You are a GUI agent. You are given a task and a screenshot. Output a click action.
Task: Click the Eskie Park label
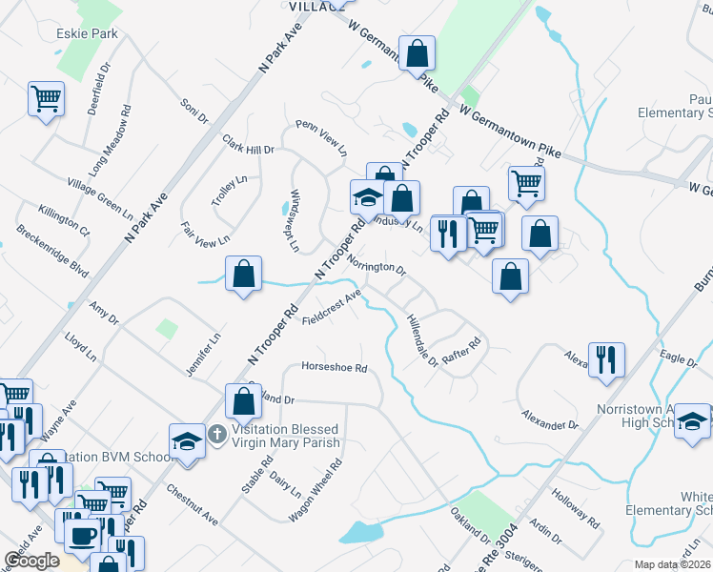point(86,32)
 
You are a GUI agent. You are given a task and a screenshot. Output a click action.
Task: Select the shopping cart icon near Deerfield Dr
point(47,98)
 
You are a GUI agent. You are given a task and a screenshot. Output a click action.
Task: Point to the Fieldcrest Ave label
point(331,309)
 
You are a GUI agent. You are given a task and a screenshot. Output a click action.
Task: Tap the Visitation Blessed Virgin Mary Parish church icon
point(216,435)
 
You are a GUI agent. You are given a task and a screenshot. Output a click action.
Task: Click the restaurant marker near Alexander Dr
point(606,359)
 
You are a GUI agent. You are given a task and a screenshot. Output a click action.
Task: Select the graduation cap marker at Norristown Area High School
point(692,421)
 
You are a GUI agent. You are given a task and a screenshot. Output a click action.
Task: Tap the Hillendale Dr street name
point(421,340)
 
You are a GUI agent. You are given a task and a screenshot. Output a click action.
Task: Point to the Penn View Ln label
point(321,138)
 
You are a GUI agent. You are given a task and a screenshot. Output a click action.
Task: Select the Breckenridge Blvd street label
point(52,251)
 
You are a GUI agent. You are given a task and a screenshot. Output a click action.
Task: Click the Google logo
point(32,561)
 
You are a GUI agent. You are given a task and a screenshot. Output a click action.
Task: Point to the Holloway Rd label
point(580,510)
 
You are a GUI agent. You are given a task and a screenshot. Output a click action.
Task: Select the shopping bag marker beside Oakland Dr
point(244,400)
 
